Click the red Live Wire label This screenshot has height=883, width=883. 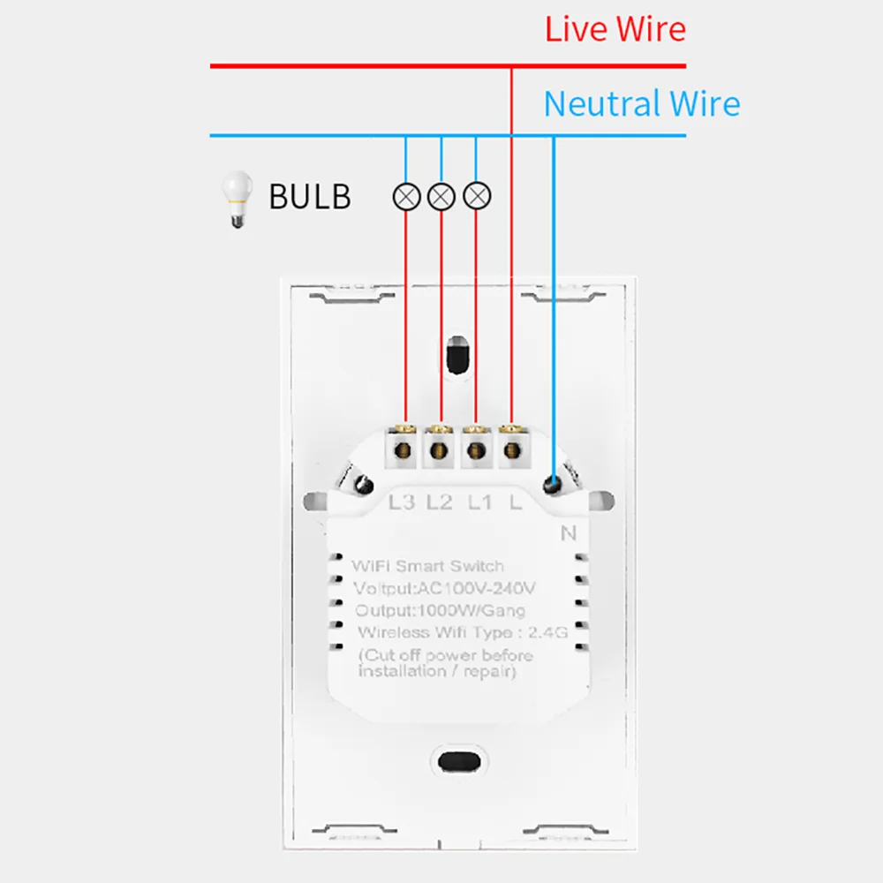pyautogui.click(x=615, y=29)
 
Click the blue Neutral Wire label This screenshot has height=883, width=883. pyautogui.click(x=641, y=104)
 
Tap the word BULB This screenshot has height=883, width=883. pyautogui.click(x=309, y=196)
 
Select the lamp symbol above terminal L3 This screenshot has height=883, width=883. pyautogui.click(x=405, y=196)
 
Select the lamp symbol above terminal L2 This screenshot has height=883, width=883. pyautogui.click(x=441, y=196)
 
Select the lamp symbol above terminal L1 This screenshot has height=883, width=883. pyautogui.click(x=477, y=196)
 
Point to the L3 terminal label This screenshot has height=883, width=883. pyautogui.click(x=402, y=502)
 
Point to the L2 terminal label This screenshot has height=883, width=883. pyautogui.click(x=439, y=502)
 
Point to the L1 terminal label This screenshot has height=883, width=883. pyautogui.click(x=479, y=502)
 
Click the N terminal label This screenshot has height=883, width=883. pyautogui.click(x=568, y=532)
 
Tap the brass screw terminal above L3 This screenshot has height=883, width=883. pyautogui.click(x=404, y=451)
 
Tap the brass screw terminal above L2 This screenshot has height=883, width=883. pyautogui.click(x=439, y=451)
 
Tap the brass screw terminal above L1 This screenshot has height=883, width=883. pyautogui.click(x=475, y=451)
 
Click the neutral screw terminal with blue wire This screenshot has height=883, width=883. pyautogui.click(x=553, y=484)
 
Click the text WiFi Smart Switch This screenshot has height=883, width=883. pyautogui.click(x=427, y=566)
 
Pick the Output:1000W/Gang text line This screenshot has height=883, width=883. pyautogui.click(x=440, y=610)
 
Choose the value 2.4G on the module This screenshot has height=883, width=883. pyautogui.click(x=547, y=632)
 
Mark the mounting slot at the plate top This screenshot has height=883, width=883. pyautogui.click(x=457, y=356)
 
